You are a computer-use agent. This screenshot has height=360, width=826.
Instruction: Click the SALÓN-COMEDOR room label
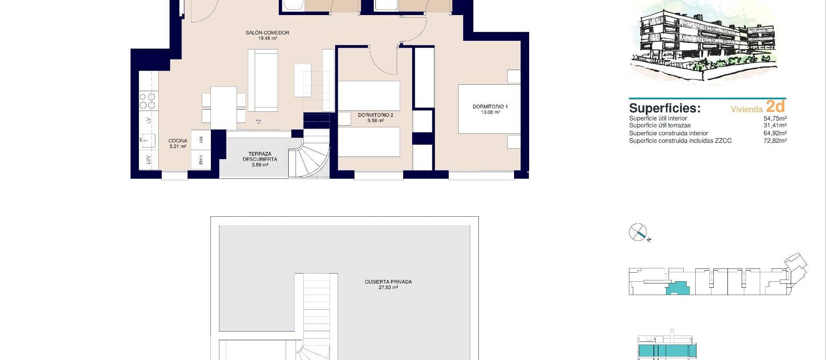point(267,33)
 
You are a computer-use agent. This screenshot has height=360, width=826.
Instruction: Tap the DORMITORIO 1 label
point(490,107)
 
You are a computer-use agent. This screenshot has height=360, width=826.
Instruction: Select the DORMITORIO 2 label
point(375,115)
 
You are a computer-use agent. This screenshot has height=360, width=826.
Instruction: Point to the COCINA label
point(178,141)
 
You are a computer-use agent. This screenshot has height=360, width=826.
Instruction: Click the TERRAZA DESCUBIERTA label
point(260,157)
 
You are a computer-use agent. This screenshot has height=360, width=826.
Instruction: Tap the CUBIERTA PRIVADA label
point(388,282)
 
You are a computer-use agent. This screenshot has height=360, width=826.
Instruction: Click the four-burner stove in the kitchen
point(148,102)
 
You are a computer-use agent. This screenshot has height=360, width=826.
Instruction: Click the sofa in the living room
point(262,80)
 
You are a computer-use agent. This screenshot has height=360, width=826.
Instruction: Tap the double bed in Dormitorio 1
point(490,109)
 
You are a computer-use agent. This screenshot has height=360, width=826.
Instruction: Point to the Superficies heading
point(665,108)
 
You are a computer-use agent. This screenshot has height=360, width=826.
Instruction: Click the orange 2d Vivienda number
point(775,107)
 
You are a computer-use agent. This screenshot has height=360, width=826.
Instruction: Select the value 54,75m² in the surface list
point(775,118)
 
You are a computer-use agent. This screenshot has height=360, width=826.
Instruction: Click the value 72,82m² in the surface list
point(775,141)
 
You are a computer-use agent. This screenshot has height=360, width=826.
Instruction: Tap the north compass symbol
point(638,232)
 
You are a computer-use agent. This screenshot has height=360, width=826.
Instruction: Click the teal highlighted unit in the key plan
point(678,288)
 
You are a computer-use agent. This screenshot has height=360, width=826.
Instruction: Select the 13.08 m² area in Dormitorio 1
point(490,112)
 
